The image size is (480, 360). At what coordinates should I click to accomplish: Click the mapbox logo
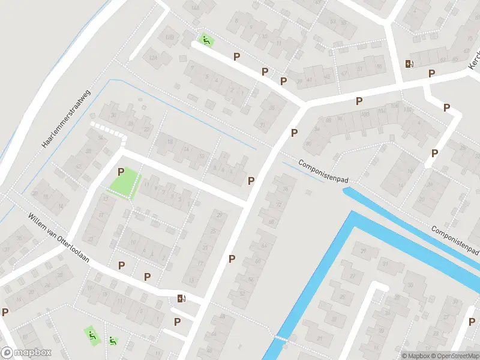coord(26,353)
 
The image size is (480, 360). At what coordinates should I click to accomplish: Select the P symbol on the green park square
coord(121,172)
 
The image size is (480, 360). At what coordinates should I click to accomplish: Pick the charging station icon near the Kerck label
coord(410,64)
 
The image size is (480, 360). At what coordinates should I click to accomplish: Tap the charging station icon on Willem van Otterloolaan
coord(181,298)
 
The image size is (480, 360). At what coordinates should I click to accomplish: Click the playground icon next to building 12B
coord(206,40)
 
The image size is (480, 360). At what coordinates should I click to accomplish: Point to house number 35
coord(273,109)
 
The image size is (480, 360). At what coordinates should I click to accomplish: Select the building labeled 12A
coord(153,58)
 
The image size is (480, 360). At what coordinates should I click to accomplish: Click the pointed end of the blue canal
coord(346,190)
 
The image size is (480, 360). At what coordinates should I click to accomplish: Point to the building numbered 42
coord(77,167)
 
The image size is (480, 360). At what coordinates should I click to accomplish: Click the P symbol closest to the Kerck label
coord(431,73)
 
